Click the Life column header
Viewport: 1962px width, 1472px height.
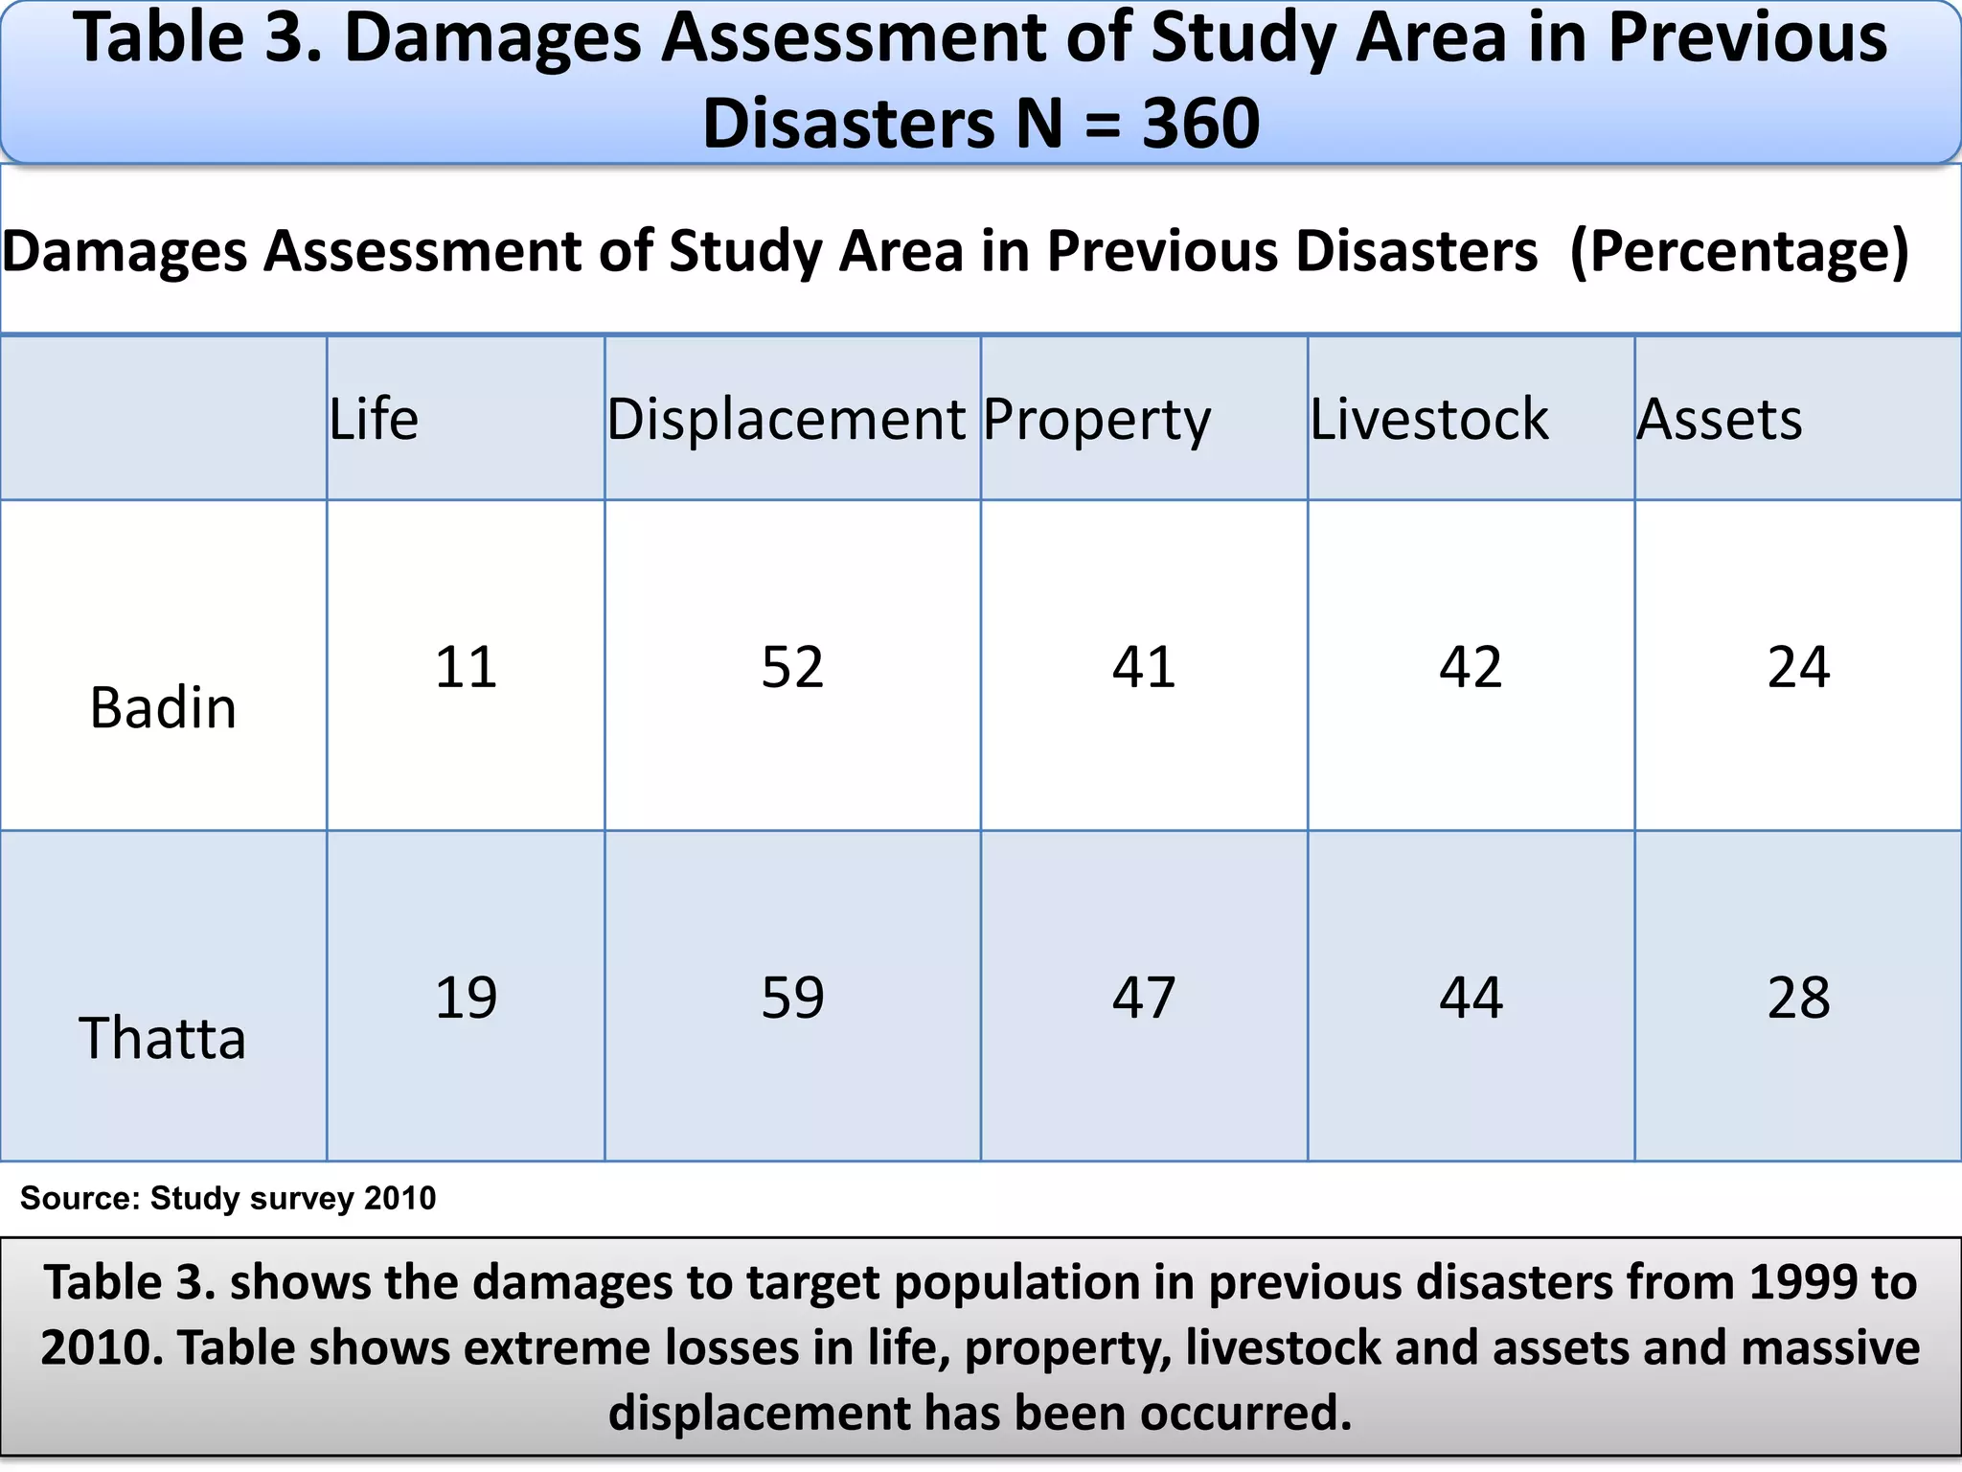[x=375, y=420]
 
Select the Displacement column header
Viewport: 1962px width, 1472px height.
[x=786, y=420]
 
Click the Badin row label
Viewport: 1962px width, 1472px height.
[x=163, y=709]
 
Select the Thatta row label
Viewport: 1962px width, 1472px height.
[x=163, y=1039]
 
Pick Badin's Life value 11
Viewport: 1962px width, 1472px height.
[x=466, y=667]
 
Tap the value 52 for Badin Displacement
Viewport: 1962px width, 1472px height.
[x=792, y=667]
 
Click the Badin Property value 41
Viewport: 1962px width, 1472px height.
[x=1144, y=667]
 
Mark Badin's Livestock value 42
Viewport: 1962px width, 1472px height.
[x=1471, y=667]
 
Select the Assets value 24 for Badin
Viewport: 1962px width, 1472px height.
[x=1798, y=667]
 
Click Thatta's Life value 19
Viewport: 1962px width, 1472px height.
[x=466, y=998]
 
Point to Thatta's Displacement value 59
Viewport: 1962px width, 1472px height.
[x=792, y=998]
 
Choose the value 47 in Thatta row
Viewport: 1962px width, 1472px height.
[x=1144, y=998]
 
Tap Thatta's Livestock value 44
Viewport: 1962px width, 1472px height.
[x=1471, y=998]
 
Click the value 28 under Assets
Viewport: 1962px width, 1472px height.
[x=1798, y=998]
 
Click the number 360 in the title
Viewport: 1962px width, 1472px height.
[x=1200, y=124]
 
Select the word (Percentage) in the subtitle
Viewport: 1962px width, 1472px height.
[x=1740, y=251]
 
